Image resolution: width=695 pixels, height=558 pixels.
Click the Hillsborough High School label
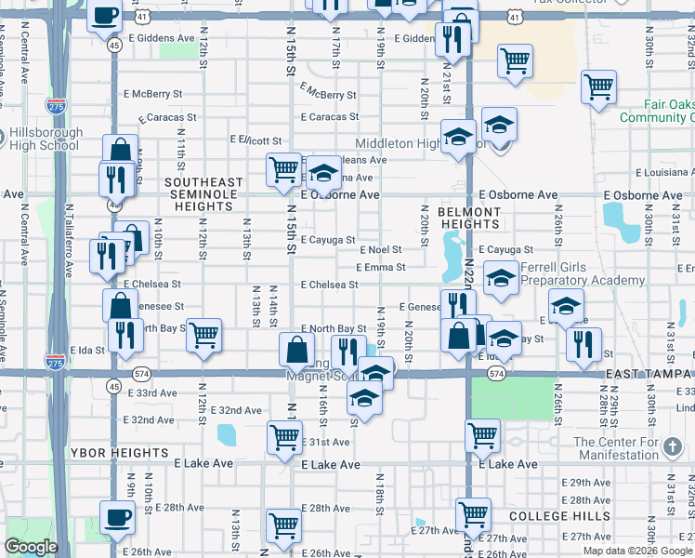pos(44,139)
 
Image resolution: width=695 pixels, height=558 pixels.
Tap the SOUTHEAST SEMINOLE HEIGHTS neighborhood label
pos(204,189)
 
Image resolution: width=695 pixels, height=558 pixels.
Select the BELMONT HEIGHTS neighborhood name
pos(469,219)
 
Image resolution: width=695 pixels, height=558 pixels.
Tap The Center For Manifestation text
pos(616,448)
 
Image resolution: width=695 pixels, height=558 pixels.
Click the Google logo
pos(31,547)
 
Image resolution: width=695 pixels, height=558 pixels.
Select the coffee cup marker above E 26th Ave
pos(117,518)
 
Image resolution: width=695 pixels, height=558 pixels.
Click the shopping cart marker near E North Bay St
pos(203,334)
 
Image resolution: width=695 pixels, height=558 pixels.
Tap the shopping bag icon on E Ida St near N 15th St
pos(296,350)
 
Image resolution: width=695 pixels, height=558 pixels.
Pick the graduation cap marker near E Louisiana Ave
pos(323,172)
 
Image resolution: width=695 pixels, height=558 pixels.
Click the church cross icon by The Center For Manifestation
pos(673,448)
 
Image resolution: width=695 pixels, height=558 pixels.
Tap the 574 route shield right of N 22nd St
pos(496,373)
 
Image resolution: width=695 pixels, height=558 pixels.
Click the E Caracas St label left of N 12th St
pos(168,118)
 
